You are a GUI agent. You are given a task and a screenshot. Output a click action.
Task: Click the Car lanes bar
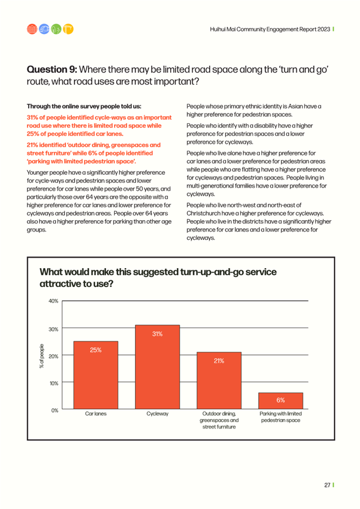point(96,375)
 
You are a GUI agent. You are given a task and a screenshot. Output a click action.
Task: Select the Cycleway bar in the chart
point(157,367)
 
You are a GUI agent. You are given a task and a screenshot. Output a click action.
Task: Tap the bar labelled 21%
point(219,381)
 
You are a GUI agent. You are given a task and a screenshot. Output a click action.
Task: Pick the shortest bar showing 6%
point(281,401)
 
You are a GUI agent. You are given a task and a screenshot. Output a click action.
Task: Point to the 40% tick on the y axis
point(54,301)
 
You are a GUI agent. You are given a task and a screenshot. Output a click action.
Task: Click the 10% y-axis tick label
point(54,383)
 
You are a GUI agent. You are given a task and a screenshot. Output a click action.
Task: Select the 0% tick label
point(55,410)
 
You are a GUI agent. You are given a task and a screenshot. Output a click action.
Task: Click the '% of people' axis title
point(42,356)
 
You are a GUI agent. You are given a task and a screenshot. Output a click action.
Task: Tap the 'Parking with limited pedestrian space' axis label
point(281,417)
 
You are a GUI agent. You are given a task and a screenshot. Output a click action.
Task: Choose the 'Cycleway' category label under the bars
point(157,414)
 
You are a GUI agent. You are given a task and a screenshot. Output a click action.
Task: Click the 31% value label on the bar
point(157,334)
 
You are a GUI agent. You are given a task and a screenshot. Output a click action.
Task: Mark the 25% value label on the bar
point(96,350)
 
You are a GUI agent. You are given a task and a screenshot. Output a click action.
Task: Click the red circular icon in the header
point(32,29)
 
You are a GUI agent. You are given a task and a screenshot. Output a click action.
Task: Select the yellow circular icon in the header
point(68,29)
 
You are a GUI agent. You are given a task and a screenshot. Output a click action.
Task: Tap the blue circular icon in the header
point(44,29)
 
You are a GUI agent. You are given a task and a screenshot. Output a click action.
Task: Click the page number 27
point(327,485)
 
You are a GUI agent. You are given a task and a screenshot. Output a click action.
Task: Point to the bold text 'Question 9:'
point(52,69)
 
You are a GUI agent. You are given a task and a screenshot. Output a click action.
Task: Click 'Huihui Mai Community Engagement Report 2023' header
point(270,29)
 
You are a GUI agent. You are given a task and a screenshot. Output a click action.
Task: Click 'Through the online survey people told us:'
point(84,106)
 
